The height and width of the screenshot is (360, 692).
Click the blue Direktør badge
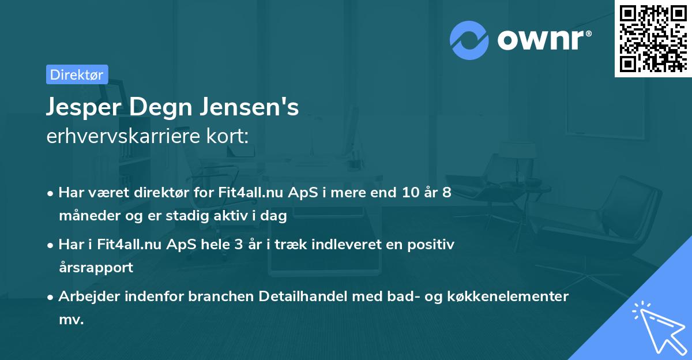(x=77, y=74)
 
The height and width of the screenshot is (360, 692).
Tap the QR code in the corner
(x=653, y=38)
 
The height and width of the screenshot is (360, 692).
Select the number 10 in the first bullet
(x=410, y=193)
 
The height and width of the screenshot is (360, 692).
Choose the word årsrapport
(x=96, y=268)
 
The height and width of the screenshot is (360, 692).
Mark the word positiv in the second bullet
(x=428, y=244)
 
